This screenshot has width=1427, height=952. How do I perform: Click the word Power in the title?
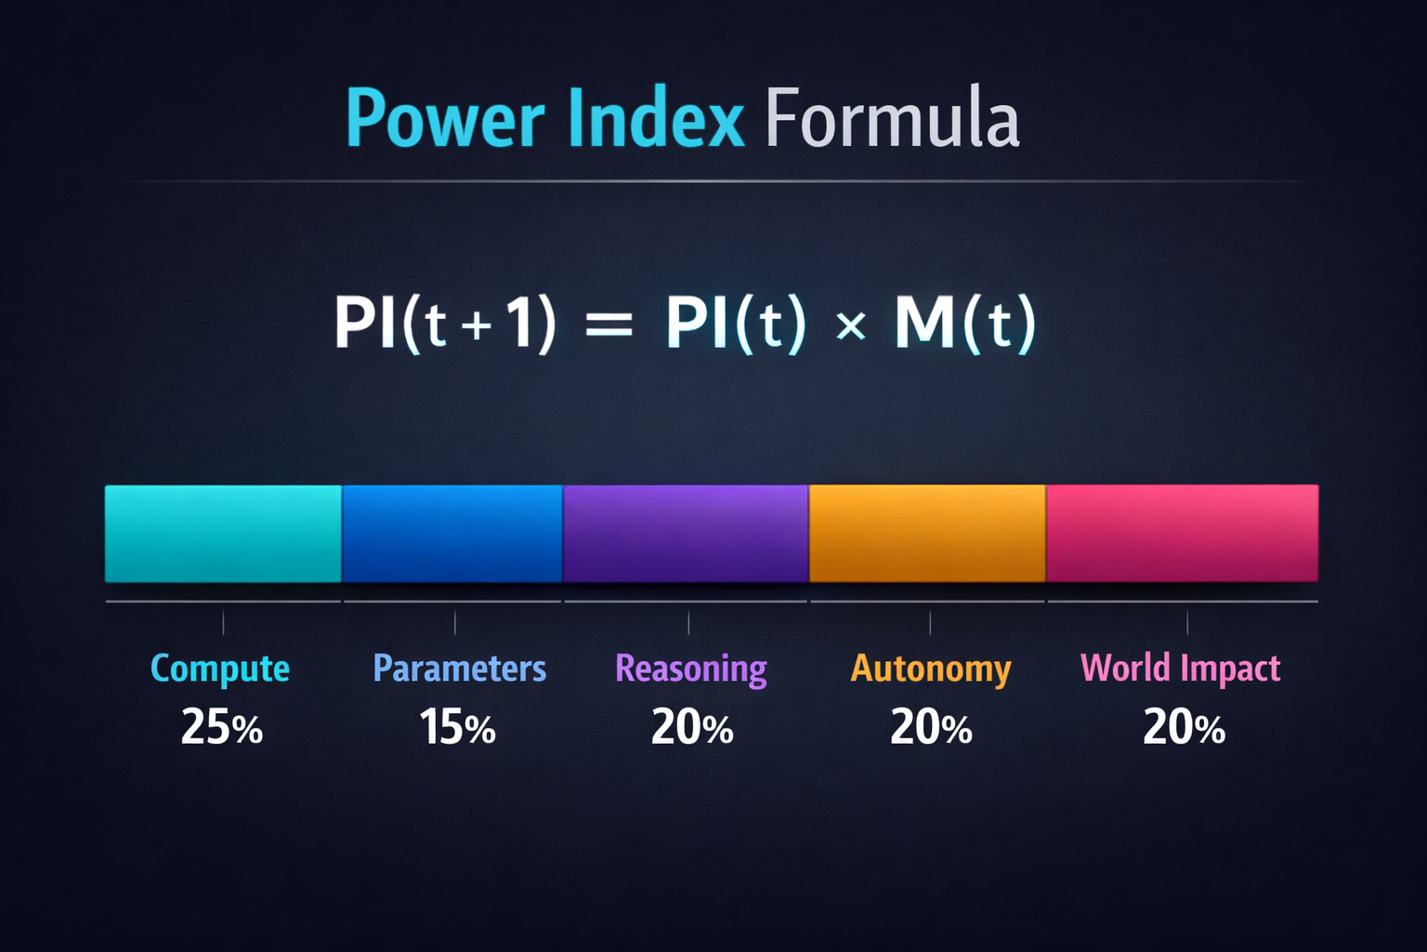(x=445, y=119)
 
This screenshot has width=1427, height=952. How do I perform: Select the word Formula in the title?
(x=892, y=119)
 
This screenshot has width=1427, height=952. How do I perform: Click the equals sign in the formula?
(x=609, y=325)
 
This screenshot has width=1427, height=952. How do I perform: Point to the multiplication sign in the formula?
(x=850, y=326)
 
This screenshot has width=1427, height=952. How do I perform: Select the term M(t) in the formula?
(x=964, y=324)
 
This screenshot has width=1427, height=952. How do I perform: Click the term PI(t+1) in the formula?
(x=445, y=324)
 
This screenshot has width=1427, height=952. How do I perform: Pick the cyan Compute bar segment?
(x=223, y=534)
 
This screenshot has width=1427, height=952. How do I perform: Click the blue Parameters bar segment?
(x=452, y=534)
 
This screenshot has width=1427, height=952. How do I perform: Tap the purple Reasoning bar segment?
(x=686, y=534)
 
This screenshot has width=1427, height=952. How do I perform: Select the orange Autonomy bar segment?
(x=927, y=534)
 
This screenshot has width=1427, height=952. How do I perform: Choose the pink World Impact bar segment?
(x=1182, y=534)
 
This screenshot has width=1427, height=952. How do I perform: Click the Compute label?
(x=220, y=669)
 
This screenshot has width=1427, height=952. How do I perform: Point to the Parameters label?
(x=459, y=668)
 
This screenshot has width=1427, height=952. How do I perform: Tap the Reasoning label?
(x=691, y=669)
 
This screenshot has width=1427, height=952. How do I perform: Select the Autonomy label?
(x=931, y=669)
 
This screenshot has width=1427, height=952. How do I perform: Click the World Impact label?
(x=1180, y=668)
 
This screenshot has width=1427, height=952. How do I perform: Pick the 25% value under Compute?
(x=222, y=727)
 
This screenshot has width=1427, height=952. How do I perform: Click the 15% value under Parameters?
(x=457, y=727)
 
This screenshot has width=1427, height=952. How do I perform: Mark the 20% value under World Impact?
(x=1184, y=727)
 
